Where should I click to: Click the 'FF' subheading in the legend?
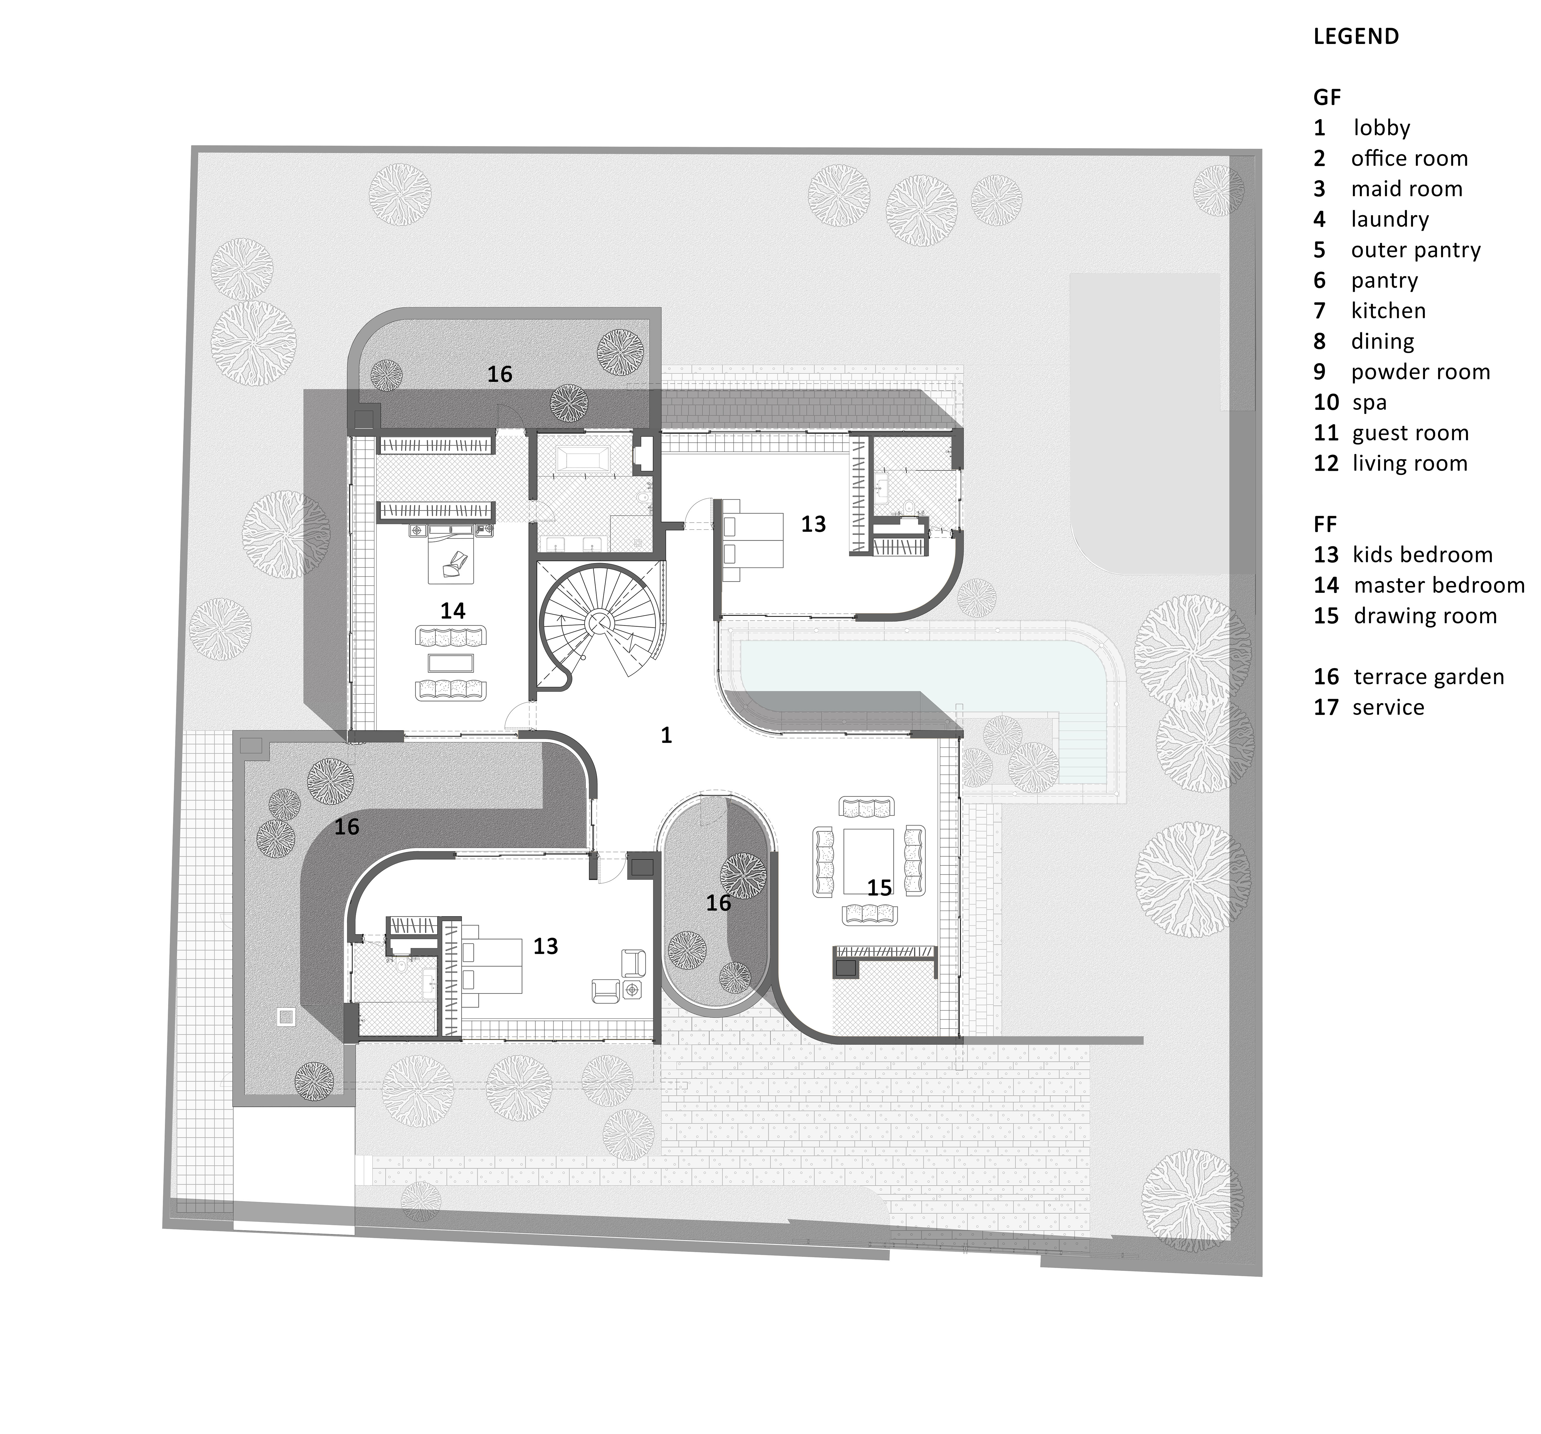click(x=1325, y=525)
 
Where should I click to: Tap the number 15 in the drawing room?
click(x=879, y=887)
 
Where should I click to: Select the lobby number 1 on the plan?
click(x=666, y=735)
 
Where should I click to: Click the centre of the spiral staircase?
click(x=598, y=621)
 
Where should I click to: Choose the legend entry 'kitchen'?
click(x=1388, y=311)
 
